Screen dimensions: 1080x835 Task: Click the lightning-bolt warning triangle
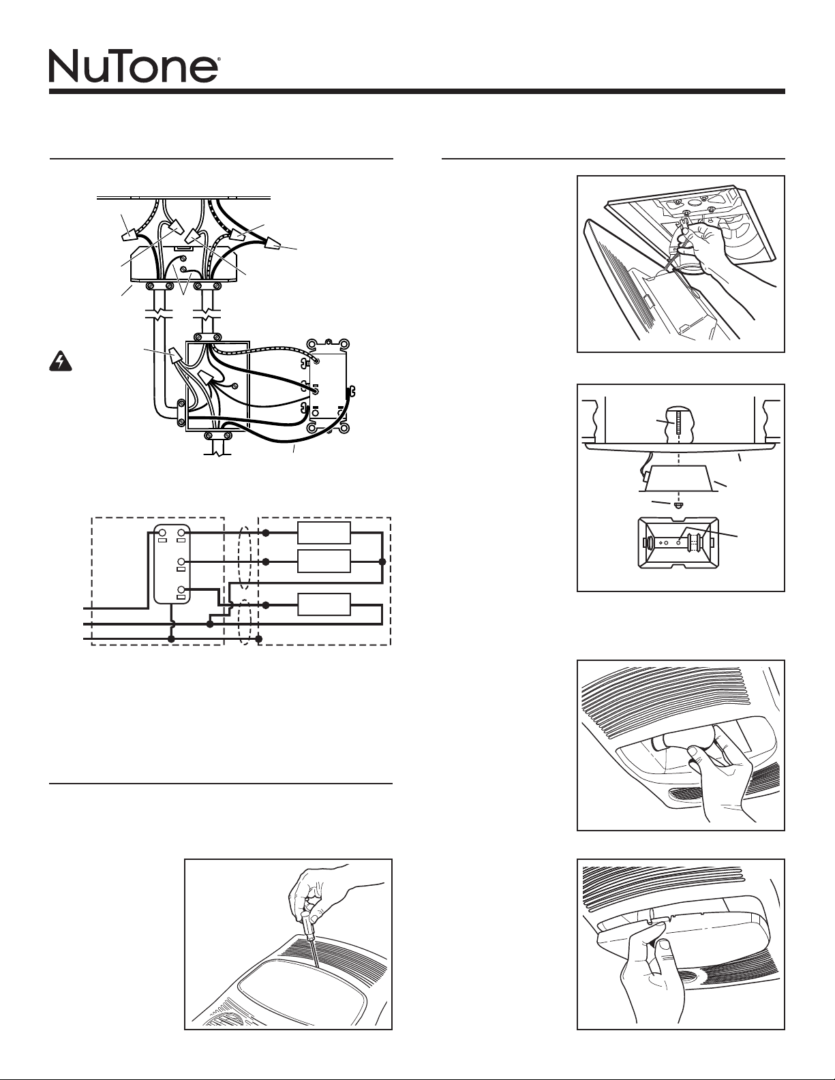57,362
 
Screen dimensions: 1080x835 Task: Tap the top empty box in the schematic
324,533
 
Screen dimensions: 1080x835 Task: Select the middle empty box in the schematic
324,561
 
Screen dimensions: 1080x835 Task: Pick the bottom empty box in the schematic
324,604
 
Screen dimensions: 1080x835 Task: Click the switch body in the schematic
172,564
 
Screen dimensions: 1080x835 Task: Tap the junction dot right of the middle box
382,562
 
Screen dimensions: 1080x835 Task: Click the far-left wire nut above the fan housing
127,235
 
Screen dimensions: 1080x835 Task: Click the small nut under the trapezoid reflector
678,506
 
